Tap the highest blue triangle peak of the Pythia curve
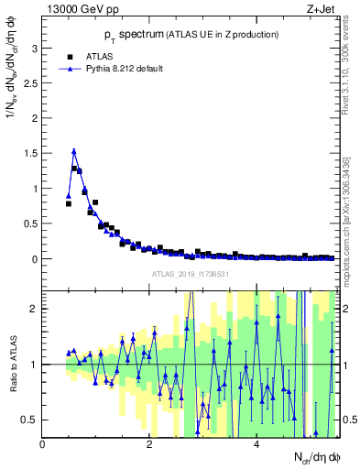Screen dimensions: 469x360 74,151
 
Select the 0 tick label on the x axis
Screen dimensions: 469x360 43,443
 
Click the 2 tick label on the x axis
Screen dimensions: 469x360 149,443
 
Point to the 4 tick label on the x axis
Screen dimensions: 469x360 256,443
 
